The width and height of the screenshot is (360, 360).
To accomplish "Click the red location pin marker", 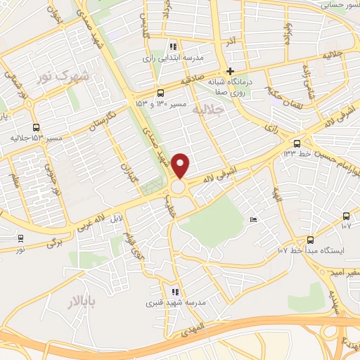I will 181,165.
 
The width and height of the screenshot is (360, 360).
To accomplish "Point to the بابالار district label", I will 66,302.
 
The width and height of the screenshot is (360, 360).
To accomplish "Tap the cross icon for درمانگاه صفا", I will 230,71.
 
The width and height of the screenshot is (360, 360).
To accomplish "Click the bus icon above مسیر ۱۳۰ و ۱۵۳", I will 161,93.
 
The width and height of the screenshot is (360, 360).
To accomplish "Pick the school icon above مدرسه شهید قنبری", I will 174,292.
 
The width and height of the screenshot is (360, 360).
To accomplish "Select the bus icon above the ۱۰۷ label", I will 345,216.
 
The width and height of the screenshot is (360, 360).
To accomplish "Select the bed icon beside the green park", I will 253,221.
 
